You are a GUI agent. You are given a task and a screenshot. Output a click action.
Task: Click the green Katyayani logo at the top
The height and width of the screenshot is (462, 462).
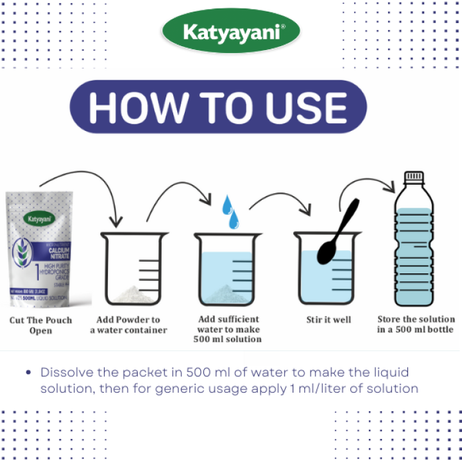(x=231, y=32)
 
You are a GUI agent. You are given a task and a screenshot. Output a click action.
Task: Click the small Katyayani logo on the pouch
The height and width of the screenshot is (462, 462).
(x=41, y=219)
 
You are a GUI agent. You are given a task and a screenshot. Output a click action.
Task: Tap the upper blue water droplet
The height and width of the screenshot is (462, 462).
(x=226, y=206)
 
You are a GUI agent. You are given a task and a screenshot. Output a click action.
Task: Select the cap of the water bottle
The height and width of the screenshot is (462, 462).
(x=413, y=178)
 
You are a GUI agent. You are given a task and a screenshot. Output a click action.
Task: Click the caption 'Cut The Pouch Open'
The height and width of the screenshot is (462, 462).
(x=40, y=325)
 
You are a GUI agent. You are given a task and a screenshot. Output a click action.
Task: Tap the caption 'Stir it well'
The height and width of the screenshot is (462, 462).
(x=328, y=320)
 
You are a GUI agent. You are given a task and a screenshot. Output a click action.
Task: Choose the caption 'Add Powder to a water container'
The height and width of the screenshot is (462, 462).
(x=128, y=325)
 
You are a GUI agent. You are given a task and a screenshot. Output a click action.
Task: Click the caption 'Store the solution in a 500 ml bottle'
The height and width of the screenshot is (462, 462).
(x=415, y=324)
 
